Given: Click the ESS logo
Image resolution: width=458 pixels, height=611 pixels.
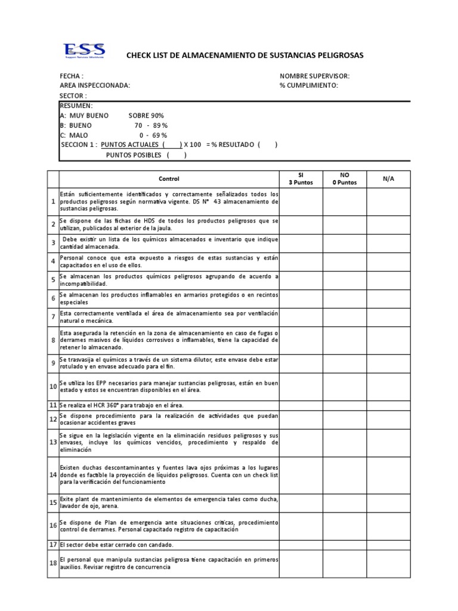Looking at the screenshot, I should [84, 51].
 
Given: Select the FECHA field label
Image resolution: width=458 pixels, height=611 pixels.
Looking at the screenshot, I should [71, 76].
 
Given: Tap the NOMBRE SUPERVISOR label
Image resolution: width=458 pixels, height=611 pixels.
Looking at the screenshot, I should [314, 76].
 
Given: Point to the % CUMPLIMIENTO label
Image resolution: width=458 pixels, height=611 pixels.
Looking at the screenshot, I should [308, 86].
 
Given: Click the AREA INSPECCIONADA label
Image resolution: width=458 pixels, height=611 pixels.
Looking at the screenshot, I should [94, 86].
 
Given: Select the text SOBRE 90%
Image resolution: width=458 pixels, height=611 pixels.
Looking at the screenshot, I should [146, 115].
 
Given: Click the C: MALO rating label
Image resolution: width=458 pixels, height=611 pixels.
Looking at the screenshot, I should [75, 135].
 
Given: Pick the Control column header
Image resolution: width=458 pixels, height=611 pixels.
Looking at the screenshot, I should [169, 179].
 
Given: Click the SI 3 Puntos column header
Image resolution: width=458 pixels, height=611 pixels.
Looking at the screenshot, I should [301, 179].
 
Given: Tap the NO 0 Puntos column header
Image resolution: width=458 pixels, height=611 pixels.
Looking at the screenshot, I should [344, 179].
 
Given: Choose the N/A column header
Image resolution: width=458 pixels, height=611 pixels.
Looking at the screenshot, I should [388, 179].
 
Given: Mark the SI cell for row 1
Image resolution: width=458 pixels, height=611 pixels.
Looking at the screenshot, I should [301, 202].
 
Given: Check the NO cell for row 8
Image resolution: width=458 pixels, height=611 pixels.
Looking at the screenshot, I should [344, 340].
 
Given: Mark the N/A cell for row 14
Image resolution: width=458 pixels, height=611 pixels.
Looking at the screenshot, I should [388, 474].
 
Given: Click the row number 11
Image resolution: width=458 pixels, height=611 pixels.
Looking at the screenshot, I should [52, 405].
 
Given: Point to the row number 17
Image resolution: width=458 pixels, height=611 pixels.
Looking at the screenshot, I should [52, 545].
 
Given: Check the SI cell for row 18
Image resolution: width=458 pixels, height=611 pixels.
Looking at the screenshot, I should [301, 564].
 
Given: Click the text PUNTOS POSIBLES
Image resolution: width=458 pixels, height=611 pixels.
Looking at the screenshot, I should [134, 155].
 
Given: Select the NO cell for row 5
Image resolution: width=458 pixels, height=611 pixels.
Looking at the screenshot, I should [344, 280].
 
